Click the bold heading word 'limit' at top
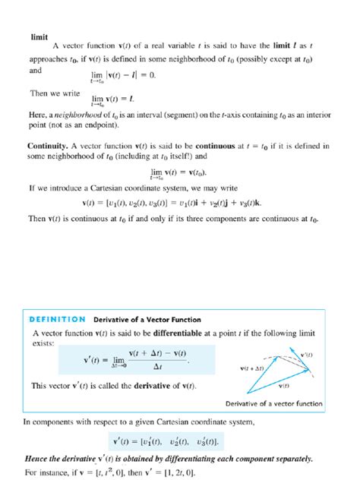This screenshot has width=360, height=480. tap(39, 36)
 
